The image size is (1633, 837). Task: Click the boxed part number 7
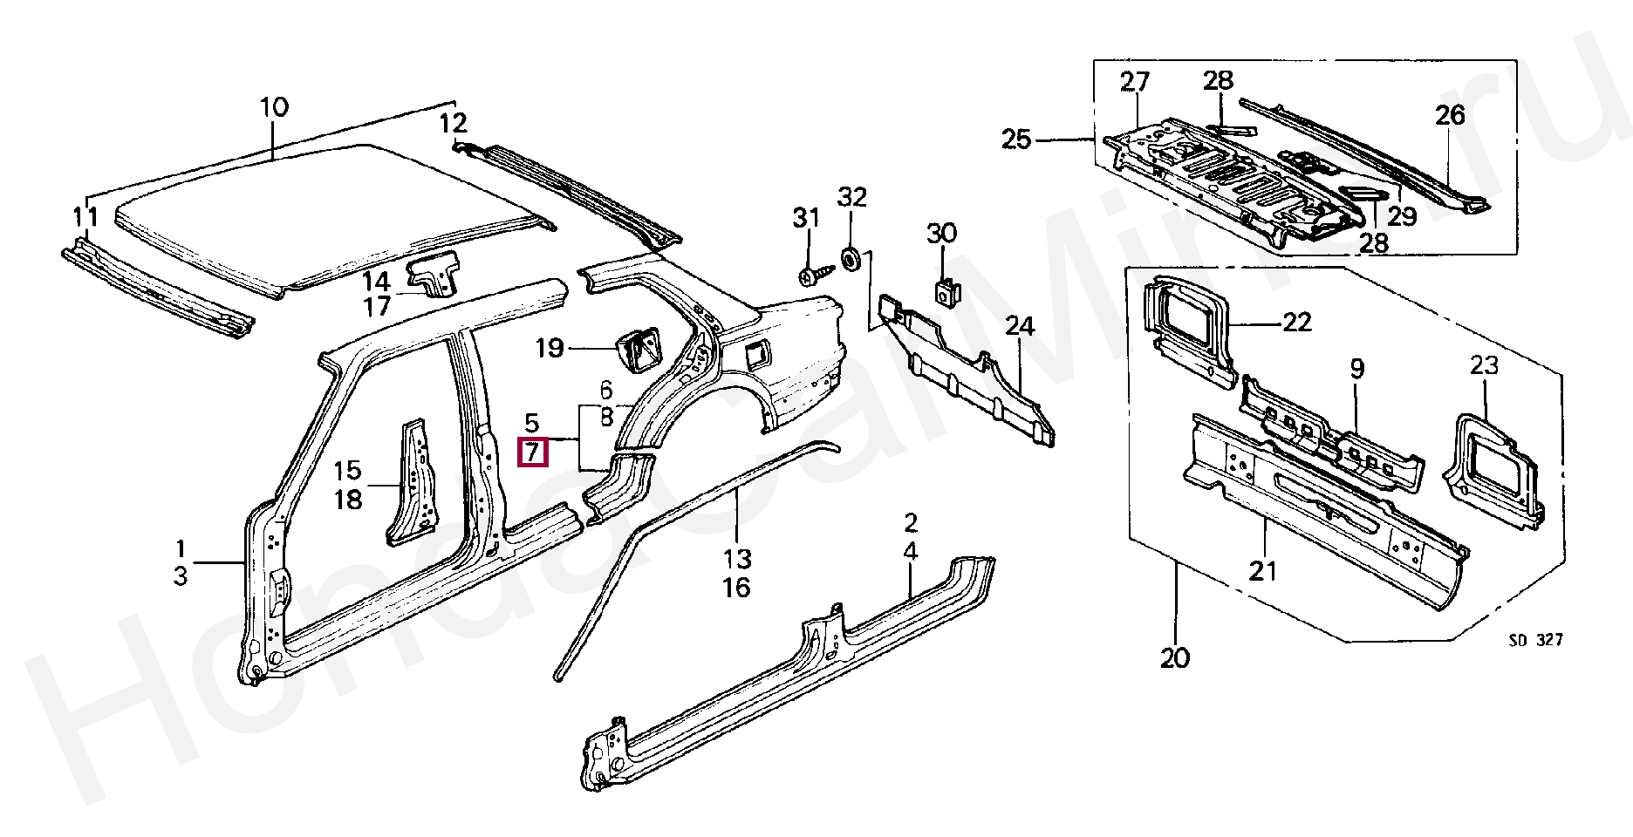[x=532, y=453]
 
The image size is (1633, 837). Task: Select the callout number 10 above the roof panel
[x=274, y=108]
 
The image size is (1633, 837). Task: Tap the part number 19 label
[x=550, y=349]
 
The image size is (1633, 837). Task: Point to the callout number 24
[x=1019, y=326]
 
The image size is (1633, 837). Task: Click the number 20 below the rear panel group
[x=1175, y=657]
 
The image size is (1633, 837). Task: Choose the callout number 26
[x=1450, y=115]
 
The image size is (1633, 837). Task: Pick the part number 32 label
[x=851, y=197]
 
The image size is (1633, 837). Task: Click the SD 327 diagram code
[x=1536, y=640]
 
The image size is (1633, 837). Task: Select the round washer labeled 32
[x=850, y=259]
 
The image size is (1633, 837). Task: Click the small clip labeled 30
[x=945, y=290]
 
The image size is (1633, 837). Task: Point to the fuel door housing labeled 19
[x=639, y=350]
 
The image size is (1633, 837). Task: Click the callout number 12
[x=453, y=123]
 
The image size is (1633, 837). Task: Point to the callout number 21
[x=1262, y=571]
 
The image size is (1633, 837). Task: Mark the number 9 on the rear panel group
[x=1357, y=369]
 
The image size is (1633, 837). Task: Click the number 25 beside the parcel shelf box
[x=1016, y=139]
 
